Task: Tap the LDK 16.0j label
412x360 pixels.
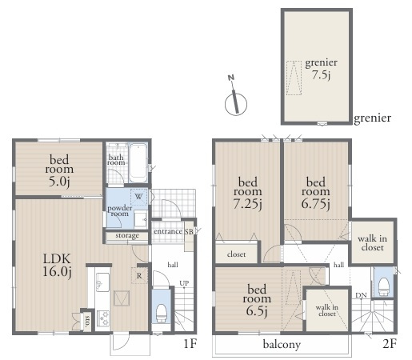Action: (57, 265)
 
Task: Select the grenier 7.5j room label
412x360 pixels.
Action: (322, 69)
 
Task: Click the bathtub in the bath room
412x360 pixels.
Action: (138, 163)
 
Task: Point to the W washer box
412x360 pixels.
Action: (138, 197)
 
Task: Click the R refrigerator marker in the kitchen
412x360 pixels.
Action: (139, 276)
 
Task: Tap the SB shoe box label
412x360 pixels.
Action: (189, 232)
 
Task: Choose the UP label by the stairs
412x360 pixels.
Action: (184, 283)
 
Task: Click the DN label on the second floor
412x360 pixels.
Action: (361, 295)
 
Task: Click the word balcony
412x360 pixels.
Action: (282, 344)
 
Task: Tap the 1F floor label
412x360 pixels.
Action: (190, 344)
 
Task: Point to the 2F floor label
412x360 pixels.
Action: (390, 344)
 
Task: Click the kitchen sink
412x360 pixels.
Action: (102, 282)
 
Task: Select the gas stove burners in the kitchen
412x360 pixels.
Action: (103, 318)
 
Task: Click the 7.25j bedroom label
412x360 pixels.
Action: (248, 193)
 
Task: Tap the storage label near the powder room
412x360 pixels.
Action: (127, 235)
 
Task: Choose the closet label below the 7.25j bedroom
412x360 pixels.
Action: (236, 254)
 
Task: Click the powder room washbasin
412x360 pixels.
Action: (141, 219)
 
